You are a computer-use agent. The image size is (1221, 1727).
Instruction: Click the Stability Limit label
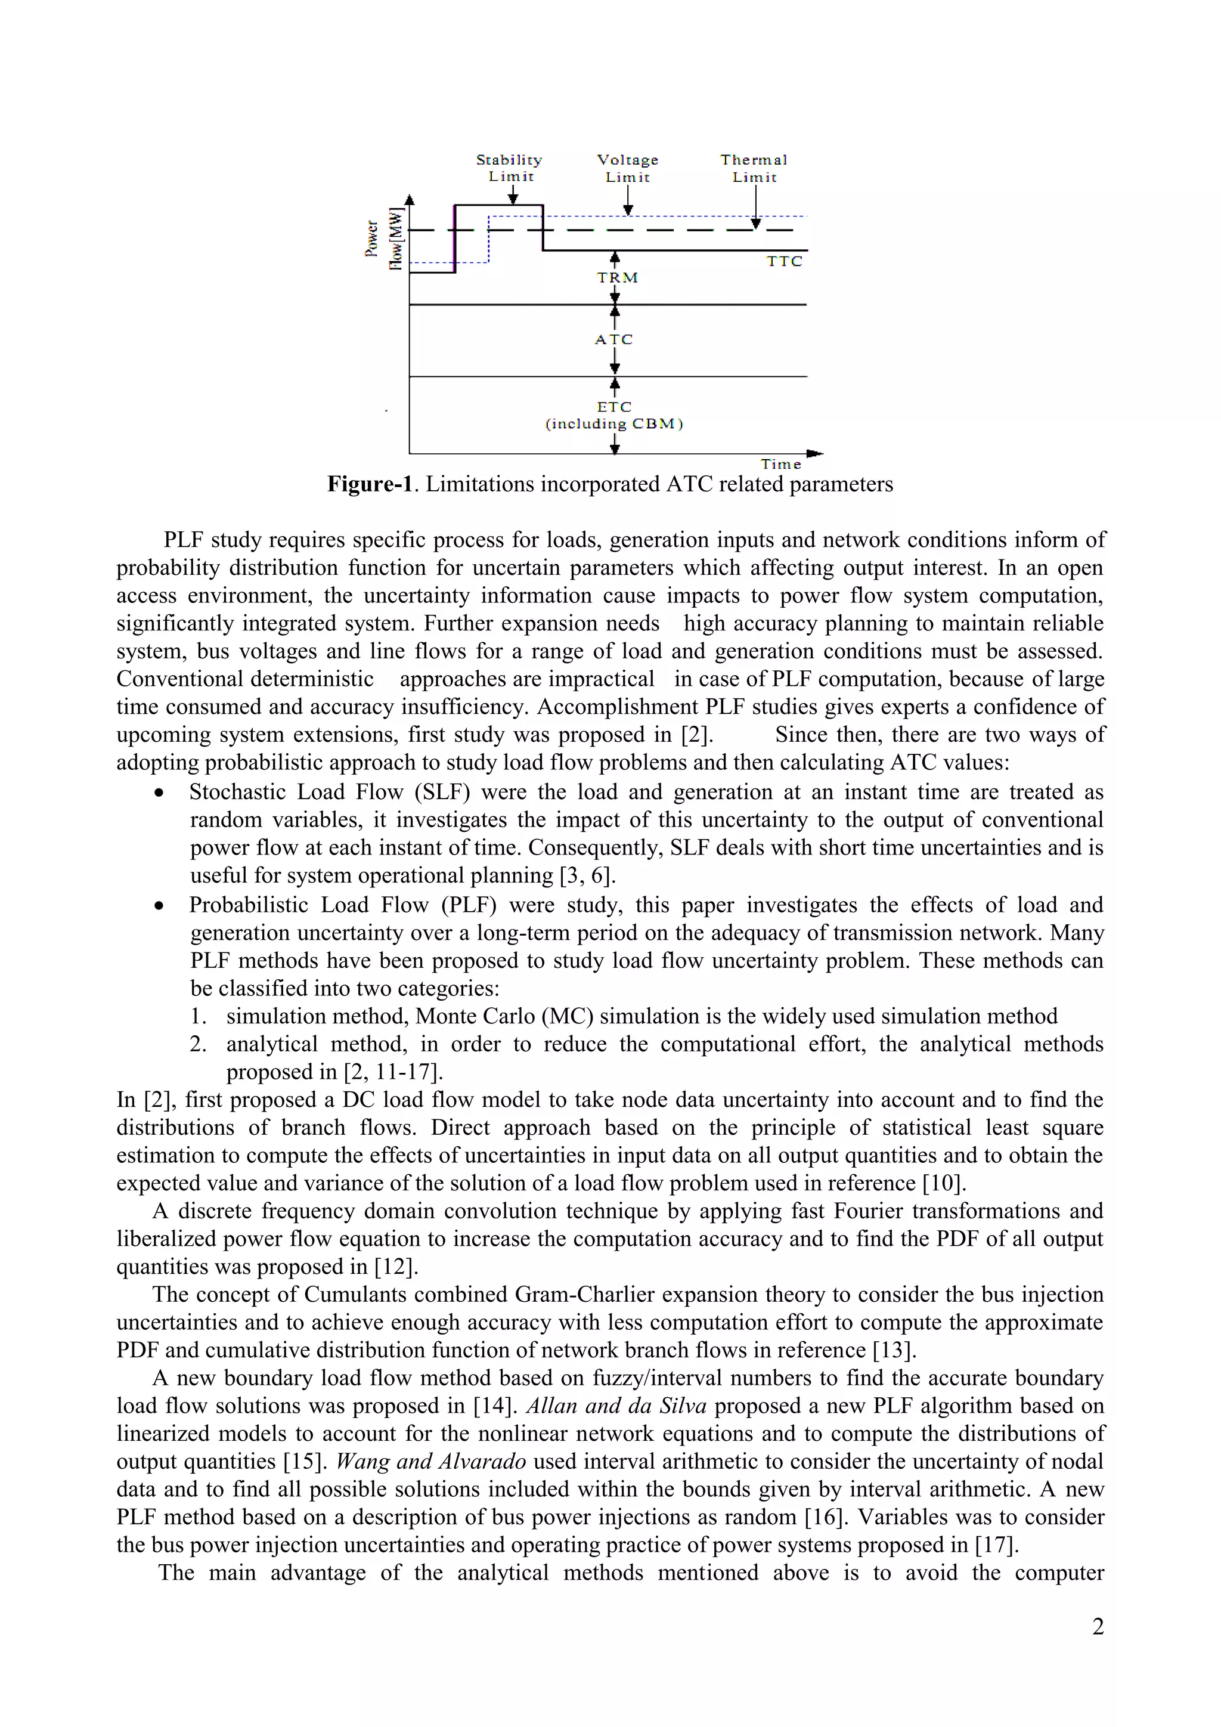(510, 168)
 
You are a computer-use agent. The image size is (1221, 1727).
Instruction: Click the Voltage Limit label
(628, 169)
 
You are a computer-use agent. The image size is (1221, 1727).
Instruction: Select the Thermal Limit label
(754, 169)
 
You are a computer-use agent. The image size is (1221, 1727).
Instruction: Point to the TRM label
(617, 277)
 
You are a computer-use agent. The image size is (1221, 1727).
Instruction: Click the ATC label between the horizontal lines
(614, 339)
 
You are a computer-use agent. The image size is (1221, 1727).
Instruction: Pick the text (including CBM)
(614, 423)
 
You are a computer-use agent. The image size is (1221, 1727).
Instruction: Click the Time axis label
(781, 464)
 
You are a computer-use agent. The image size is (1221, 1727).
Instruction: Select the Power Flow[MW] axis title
(384, 239)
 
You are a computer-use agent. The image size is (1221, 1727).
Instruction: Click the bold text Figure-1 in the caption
(370, 484)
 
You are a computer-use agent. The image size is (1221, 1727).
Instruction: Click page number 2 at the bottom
(1098, 1626)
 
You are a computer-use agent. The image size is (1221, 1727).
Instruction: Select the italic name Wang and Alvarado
(431, 1460)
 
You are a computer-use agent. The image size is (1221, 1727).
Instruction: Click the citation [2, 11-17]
(393, 1071)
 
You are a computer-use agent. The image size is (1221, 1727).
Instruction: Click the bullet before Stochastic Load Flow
(159, 793)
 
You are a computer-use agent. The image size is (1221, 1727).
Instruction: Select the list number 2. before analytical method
(199, 1044)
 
